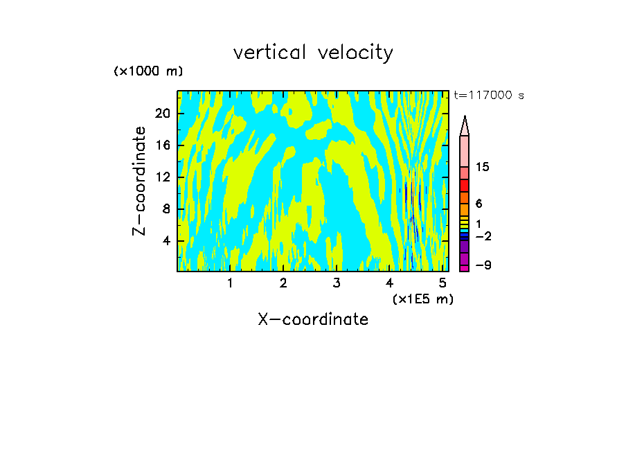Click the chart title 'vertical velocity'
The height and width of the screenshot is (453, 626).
point(313,53)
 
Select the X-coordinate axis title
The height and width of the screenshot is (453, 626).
point(313,319)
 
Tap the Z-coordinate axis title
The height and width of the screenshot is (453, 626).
point(140,181)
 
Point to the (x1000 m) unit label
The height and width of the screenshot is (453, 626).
point(148,72)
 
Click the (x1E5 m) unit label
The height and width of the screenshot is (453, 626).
point(422,299)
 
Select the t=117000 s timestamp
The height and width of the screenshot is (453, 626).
point(489,96)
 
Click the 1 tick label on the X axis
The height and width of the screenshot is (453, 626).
point(230,283)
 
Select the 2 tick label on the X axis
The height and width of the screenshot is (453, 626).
point(283,283)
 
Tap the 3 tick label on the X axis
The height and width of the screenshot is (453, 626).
point(337,283)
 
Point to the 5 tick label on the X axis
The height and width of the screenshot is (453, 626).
point(443,283)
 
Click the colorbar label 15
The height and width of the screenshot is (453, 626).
point(483,168)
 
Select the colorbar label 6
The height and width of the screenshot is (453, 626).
point(479,204)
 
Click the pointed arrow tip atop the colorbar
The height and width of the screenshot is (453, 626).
point(465,125)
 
